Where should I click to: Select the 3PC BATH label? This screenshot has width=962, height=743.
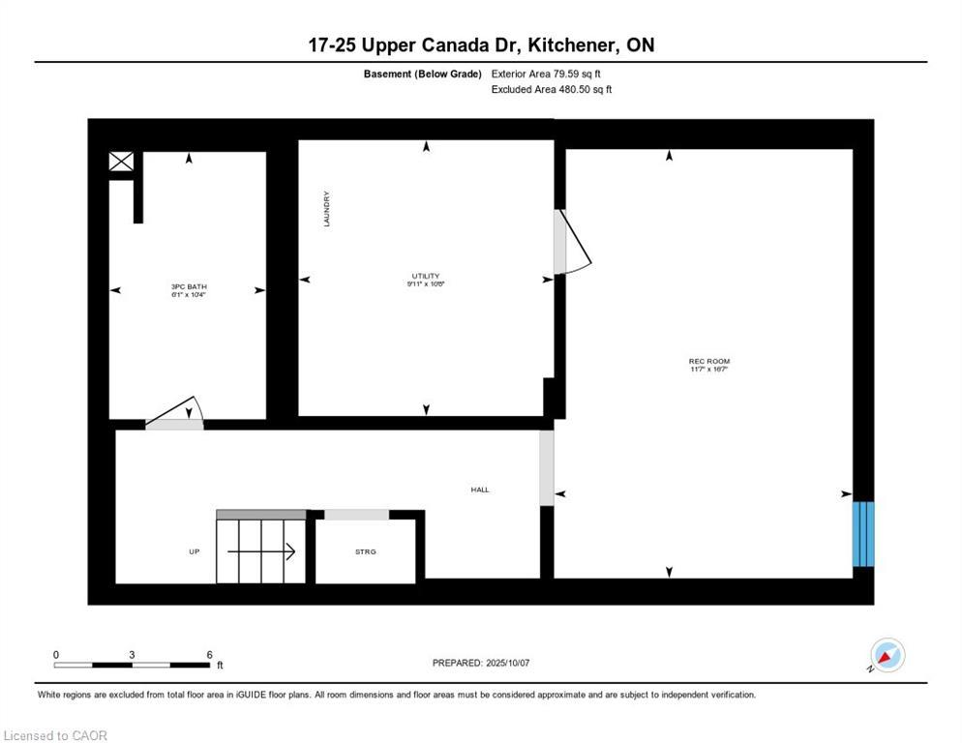click(x=189, y=287)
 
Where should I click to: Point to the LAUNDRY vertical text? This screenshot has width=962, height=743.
click(x=328, y=208)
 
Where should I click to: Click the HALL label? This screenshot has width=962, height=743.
click(x=480, y=490)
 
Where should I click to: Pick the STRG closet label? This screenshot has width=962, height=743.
click(x=365, y=551)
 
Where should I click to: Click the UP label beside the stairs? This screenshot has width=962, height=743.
click(x=194, y=551)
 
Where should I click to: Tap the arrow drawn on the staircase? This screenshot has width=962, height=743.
click(x=261, y=551)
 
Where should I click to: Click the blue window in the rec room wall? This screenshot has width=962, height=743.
click(x=862, y=533)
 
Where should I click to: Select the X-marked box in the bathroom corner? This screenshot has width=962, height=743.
click(x=121, y=162)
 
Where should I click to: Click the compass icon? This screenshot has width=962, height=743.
click(x=887, y=656)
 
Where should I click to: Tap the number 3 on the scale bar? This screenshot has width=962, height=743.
click(x=132, y=655)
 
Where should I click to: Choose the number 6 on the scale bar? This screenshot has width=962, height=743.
click(x=209, y=655)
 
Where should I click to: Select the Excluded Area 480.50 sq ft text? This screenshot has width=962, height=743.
click(x=552, y=89)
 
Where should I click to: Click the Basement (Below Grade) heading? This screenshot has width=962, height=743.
click(x=423, y=74)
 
